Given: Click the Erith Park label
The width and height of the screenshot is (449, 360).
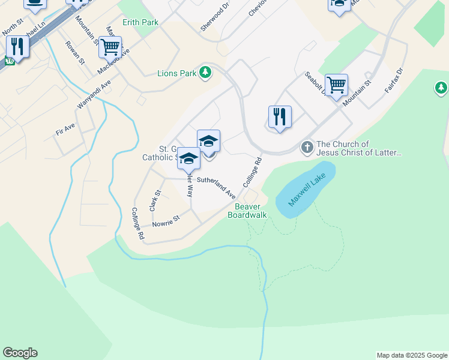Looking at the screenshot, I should (140, 22).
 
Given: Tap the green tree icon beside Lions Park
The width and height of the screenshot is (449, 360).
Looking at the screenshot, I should (206, 73).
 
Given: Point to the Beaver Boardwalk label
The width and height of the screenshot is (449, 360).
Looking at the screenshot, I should (247, 211).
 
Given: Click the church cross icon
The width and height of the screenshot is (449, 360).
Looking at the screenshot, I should (307, 148).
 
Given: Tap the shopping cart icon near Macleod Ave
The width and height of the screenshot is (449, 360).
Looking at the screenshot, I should (110, 46).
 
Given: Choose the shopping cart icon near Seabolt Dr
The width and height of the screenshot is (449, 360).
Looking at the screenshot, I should (336, 84).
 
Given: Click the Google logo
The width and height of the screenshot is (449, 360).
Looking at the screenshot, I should (20, 353).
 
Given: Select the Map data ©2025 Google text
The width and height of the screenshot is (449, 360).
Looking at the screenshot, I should (411, 355).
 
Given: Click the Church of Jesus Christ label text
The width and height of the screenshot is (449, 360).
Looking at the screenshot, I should (358, 148).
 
